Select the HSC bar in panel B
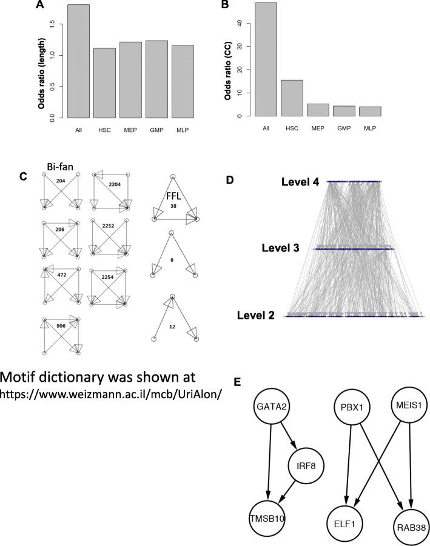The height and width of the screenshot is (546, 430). coord(292,98)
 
